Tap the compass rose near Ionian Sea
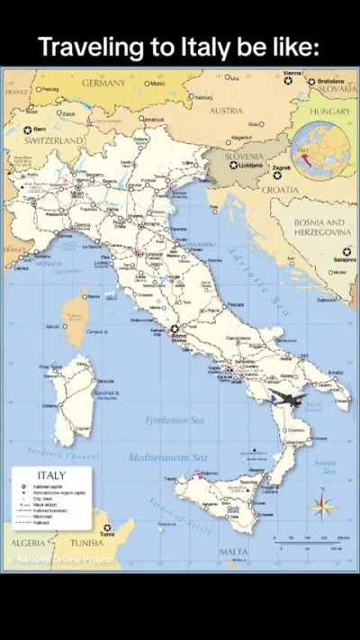click(x=323, y=505)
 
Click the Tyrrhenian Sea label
click(x=175, y=420)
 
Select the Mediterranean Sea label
click(x=168, y=457)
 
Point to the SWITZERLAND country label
click(x=54, y=141)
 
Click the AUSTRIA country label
click(x=226, y=111)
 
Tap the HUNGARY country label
click(x=329, y=112)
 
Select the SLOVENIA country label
click(x=244, y=155)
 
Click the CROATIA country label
click(x=280, y=190)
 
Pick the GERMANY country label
click(x=103, y=83)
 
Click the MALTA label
click(x=234, y=552)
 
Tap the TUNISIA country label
click(x=86, y=543)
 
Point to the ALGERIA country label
click(x=30, y=543)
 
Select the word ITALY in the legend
click(x=50, y=475)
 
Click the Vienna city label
click(x=292, y=73)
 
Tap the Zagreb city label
click(x=282, y=168)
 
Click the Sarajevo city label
click(x=345, y=259)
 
